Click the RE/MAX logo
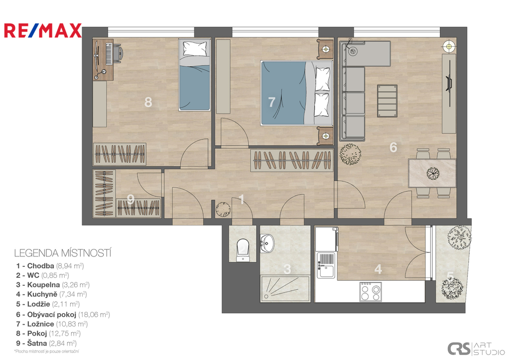(x=43, y=30)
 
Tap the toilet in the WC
(x=243, y=250)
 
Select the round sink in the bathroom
(x=267, y=243)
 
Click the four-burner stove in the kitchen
(x=371, y=292)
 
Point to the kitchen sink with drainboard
(x=326, y=265)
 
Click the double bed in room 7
(x=296, y=93)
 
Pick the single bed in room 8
(x=194, y=75)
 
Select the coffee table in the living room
(x=387, y=101)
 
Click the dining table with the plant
(x=432, y=173)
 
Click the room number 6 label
(x=393, y=147)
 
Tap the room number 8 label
(x=148, y=102)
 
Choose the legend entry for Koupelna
(x=53, y=285)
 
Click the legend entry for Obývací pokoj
(x=63, y=315)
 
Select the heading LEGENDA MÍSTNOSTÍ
(x=63, y=253)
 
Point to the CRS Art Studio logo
(x=476, y=349)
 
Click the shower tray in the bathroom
(x=285, y=289)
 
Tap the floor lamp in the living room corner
(x=449, y=46)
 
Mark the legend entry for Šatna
(x=46, y=343)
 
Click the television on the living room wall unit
(x=449, y=83)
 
